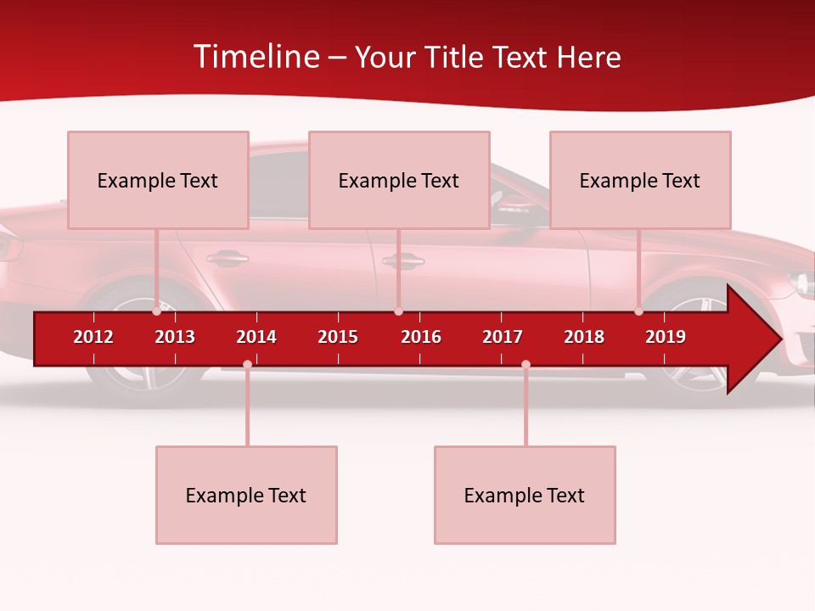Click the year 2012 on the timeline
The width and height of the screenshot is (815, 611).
tap(93, 337)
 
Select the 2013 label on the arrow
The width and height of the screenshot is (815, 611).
tap(175, 337)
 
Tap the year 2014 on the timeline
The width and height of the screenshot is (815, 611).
tap(256, 337)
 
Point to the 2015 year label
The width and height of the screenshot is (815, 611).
tap(338, 337)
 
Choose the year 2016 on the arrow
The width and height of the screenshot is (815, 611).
tap(421, 337)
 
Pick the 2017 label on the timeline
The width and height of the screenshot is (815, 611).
tap(503, 337)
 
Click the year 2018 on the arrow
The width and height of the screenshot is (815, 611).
tap(584, 337)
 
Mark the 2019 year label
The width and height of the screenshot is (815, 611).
tap(666, 337)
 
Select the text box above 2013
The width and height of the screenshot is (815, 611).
tap(158, 180)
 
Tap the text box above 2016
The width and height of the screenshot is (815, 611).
tap(399, 180)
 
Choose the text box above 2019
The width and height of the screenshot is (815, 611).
tap(640, 180)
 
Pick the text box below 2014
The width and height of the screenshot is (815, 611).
tap(246, 495)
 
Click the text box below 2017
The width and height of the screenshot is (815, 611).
tap(525, 495)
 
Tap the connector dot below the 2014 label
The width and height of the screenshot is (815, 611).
tap(247, 365)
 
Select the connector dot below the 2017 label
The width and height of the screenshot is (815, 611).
tap(526, 365)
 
